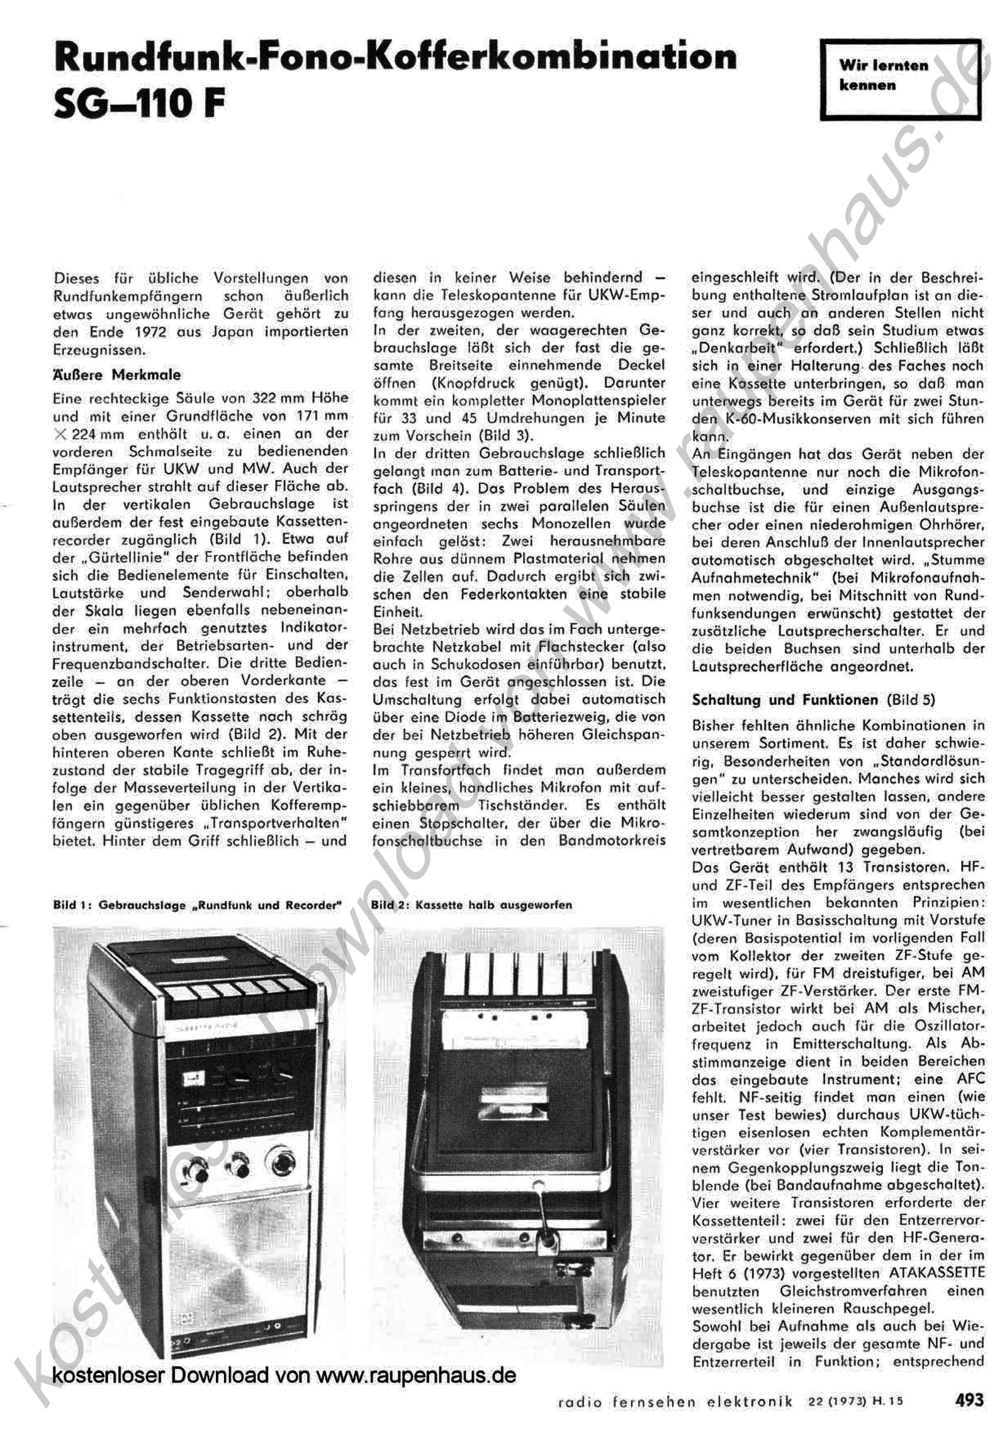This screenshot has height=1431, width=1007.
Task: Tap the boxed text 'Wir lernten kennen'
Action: click(x=883, y=75)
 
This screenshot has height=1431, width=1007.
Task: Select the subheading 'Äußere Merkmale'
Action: click(x=116, y=375)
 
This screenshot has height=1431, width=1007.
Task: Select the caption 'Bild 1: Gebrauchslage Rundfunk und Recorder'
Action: click(x=197, y=905)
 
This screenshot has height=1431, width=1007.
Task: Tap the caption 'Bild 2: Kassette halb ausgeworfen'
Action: click(x=471, y=905)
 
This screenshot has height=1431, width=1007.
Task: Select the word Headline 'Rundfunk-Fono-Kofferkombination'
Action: click(x=395, y=57)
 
